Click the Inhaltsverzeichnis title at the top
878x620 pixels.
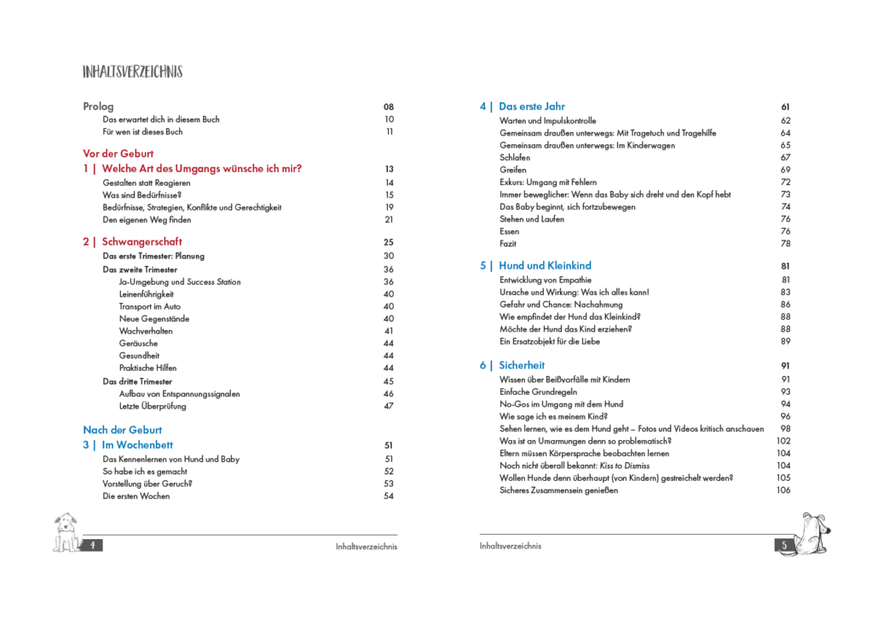(132, 72)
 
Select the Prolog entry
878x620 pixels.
(98, 107)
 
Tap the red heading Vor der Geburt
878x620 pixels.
(118, 154)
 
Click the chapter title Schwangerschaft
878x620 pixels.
(142, 242)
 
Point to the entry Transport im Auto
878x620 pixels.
(150, 306)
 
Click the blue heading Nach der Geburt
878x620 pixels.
(122, 430)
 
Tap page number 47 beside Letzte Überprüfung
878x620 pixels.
(389, 406)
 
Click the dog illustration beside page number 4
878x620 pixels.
(66, 532)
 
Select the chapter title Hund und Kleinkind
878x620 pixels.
(545, 266)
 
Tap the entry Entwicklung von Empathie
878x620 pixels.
(546, 280)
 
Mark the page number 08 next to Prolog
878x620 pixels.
(389, 107)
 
